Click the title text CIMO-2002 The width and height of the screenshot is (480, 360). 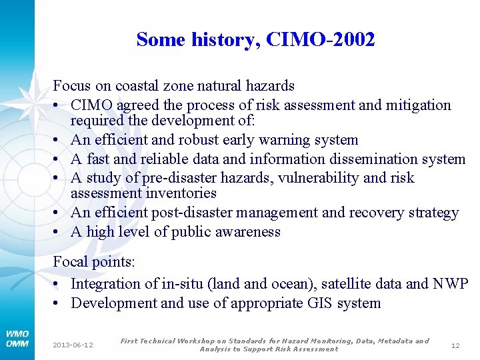tap(320, 40)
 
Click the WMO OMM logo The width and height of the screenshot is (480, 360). tap(17, 338)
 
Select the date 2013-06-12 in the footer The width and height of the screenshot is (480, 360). tap(73, 345)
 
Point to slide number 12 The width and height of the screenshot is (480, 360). tap(455, 345)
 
